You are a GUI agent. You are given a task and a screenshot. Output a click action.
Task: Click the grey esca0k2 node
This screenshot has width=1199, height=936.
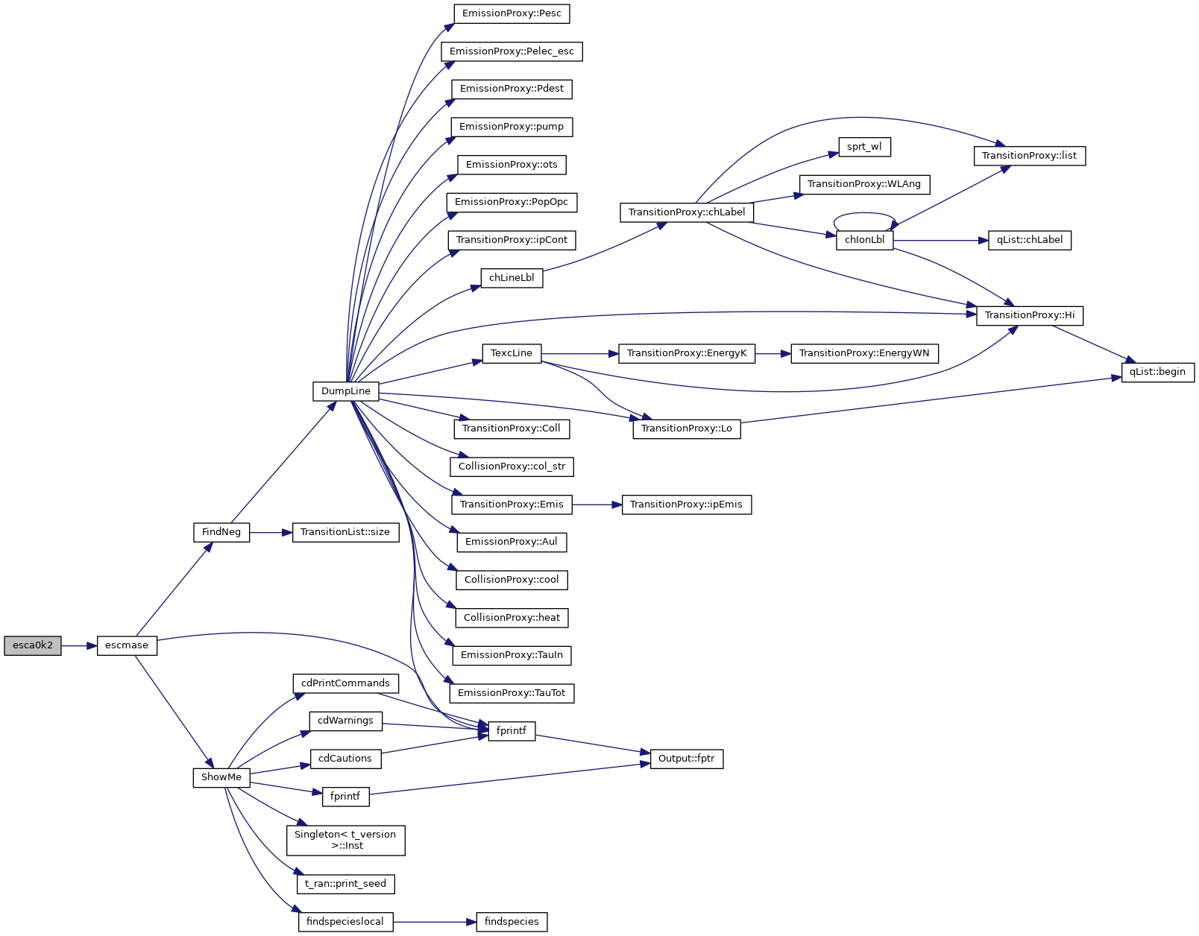point(33,645)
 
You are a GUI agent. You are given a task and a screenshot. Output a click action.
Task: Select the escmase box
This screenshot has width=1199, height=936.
point(127,645)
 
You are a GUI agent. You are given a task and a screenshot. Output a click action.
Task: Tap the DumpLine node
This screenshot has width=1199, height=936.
point(345,391)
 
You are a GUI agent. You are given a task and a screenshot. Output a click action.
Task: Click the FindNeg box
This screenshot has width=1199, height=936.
point(221,532)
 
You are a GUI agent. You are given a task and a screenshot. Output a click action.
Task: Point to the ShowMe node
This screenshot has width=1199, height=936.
point(221,777)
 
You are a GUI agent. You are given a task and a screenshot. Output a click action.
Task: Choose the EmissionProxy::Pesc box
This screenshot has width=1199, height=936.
point(512,13)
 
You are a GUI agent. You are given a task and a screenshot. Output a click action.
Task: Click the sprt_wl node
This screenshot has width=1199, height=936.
point(864,147)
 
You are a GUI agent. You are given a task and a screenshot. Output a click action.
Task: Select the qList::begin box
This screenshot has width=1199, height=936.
point(1157,372)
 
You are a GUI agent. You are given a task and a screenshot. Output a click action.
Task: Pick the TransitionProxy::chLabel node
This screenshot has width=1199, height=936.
point(687,212)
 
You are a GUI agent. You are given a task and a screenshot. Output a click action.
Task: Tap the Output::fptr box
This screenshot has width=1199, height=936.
point(687,759)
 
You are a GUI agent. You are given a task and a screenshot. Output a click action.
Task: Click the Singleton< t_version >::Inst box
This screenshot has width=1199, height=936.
point(345,840)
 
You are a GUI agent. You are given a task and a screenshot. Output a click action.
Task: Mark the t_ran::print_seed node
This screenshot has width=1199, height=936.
point(345,884)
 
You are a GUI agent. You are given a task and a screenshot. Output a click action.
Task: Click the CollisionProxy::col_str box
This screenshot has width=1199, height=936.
point(512,467)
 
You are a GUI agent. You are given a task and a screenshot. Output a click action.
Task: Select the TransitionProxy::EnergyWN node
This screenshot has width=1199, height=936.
point(864,353)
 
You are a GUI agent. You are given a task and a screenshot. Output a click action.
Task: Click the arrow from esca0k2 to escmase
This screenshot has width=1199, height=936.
point(79,645)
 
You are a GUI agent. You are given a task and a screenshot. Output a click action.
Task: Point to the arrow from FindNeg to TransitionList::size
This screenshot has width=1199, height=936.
point(271,533)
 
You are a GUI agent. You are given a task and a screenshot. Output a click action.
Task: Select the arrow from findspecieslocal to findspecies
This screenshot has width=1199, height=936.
point(434,922)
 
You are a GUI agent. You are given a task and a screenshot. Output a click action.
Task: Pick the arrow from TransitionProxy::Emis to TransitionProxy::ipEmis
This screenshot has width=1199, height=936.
point(597,505)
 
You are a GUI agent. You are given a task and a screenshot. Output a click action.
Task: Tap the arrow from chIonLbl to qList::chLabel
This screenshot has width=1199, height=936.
point(940,241)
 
